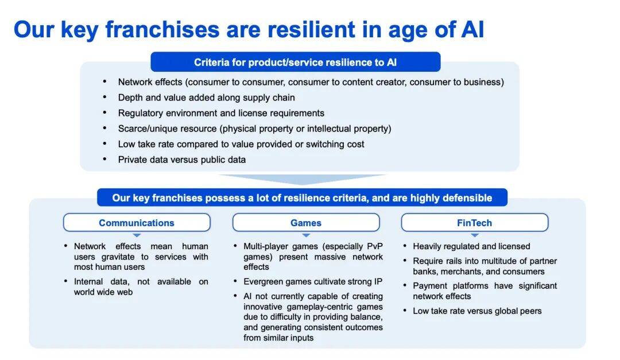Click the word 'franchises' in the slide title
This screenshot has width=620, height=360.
pos(162,29)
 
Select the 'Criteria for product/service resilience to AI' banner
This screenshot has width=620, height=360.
pos(296,62)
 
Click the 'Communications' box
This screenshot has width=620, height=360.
pos(137,223)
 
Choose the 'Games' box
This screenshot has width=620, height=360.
pos(306,223)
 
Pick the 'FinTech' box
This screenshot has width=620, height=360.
pos(475,223)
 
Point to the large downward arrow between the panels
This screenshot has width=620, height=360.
pos(303,179)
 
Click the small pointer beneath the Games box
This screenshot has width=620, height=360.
pos(306,235)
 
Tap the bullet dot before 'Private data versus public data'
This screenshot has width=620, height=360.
pos(105,159)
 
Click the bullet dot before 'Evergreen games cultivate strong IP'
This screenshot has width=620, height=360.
pos(235,281)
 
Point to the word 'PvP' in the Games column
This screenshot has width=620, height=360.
pos(375,246)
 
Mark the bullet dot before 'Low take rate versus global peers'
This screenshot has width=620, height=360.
pos(405,311)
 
